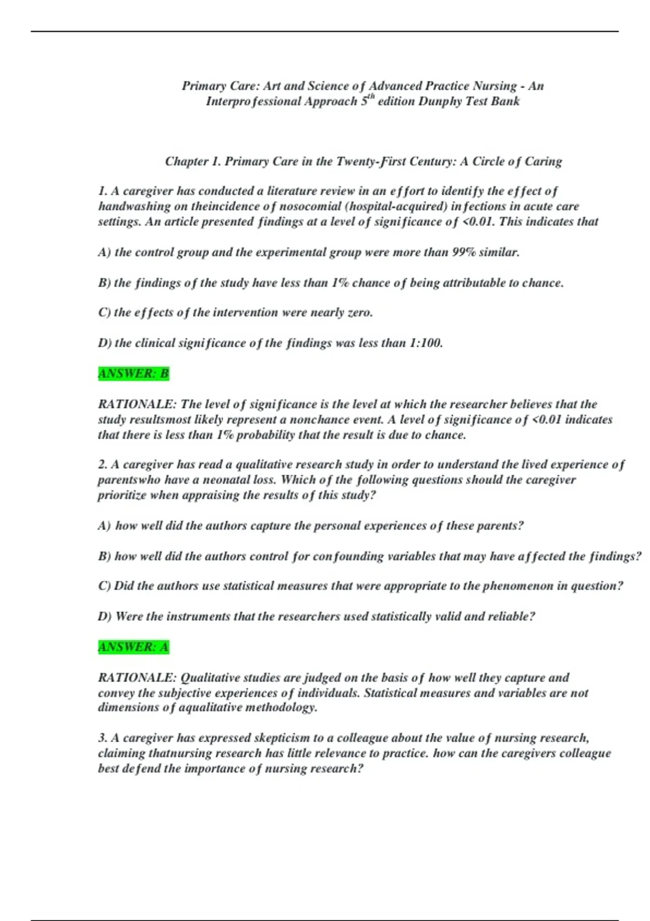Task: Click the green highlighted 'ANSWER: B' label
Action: tap(133, 374)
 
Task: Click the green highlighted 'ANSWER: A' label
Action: tap(133, 647)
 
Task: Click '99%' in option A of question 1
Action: tap(462, 252)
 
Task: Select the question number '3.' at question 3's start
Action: tap(103, 738)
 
